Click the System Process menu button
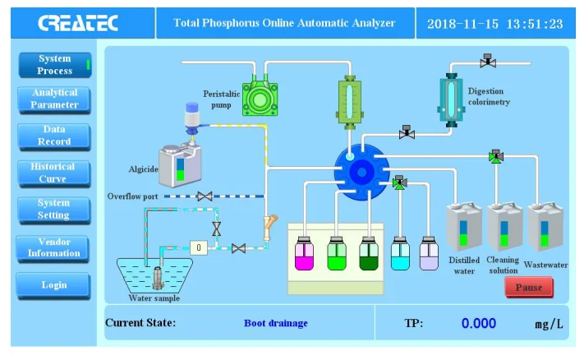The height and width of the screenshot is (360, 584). pos(54,65)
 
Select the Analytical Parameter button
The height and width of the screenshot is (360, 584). pos(54,99)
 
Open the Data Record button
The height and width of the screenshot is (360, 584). pos(54,136)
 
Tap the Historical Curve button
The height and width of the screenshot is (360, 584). pos(54,173)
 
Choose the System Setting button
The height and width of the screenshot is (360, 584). pos(54,209)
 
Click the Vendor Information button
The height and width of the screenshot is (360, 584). pos(54,247)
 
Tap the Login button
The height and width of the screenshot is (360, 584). pos(54,285)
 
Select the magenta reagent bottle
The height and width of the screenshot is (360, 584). pos(303,254)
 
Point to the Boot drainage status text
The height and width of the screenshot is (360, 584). pos(276,323)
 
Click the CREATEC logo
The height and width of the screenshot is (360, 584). pos(78,23)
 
